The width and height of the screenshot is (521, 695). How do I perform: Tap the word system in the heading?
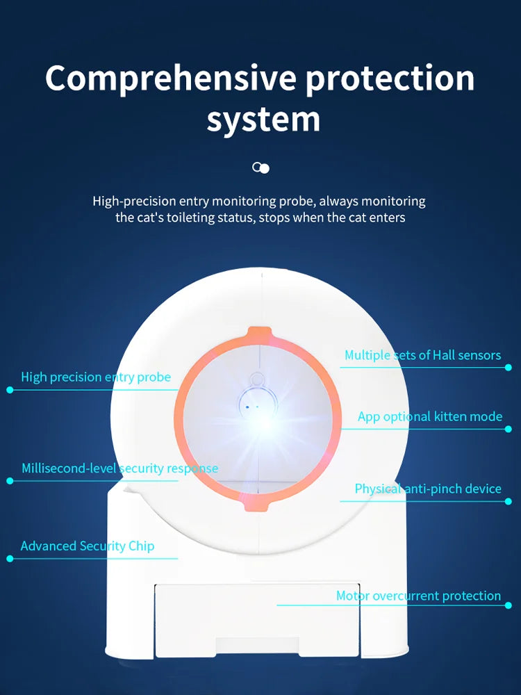pyautogui.click(x=263, y=120)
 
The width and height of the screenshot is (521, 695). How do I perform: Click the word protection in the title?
pyautogui.click(x=390, y=78)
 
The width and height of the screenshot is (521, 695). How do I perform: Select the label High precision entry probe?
pyautogui.click(x=96, y=377)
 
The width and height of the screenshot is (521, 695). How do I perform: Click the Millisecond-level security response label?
pyautogui.click(x=119, y=468)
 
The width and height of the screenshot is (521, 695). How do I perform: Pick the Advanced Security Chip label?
pyautogui.click(x=88, y=546)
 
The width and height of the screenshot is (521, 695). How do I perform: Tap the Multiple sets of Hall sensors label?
pyautogui.click(x=422, y=355)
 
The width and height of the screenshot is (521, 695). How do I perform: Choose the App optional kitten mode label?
pyautogui.click(x=429, y=417)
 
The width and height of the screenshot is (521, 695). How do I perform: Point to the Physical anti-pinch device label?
pyautogui.click(x=428, y=489)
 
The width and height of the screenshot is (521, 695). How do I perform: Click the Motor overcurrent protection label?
pyautogui.click(x=418, y=596)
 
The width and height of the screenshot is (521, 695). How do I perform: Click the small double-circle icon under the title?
pyautogui.click(x=260, y=168)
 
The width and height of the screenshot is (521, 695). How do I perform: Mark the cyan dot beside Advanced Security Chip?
pyautogui.click(x=10, y=558)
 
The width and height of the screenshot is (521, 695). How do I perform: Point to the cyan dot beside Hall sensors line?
pyautogui.click(x=509, y=368)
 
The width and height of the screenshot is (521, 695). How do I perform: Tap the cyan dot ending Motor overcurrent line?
pyautogui.click(x=509, y=605)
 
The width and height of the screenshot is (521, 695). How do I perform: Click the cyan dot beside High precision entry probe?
pyautogui.click(x=10, y=390)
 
